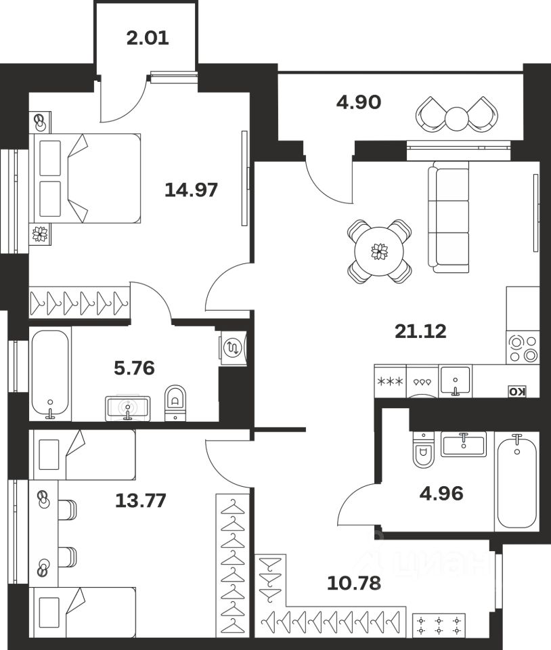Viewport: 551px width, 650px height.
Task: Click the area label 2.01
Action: coord(148,37)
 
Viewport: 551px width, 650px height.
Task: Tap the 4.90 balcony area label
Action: coord(359,102)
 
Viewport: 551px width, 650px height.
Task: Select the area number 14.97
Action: coord(192,190)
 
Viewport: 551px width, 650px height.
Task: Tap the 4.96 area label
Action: coord(440,493)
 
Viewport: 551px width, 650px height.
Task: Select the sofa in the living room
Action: coord(449,217)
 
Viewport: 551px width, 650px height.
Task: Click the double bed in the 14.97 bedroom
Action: coord(85,178)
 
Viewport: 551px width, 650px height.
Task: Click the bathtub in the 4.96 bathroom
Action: coord(517,481)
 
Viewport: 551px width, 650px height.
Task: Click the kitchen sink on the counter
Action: coord(455,380)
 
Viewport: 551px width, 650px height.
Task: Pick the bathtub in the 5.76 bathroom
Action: coord(50,374)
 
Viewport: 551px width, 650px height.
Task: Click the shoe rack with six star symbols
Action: coord(440,624)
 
